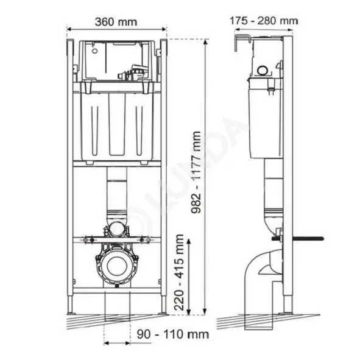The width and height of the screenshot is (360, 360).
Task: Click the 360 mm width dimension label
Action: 116,22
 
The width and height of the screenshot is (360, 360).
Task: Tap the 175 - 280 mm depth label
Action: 264,21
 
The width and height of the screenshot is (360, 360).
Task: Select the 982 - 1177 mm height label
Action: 196,172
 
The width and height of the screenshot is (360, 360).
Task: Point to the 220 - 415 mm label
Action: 179,272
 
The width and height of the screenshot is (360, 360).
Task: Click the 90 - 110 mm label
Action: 173,334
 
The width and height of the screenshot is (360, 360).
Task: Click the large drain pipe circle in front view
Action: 117,266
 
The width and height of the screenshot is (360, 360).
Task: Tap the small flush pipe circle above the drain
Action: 117,229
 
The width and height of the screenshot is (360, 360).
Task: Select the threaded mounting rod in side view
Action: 298,239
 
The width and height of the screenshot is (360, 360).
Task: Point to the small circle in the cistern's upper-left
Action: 95,51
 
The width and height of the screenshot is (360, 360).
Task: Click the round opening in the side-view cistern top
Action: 263,71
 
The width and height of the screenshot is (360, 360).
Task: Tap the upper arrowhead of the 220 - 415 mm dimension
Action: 189,242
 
